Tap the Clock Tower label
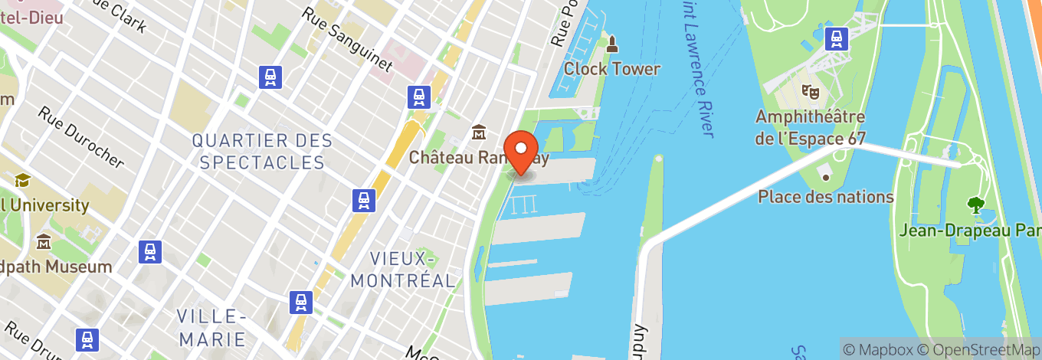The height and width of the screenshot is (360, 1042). pos(612,69)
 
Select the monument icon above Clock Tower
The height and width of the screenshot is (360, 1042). pos(611,44)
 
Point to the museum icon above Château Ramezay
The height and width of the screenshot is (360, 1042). pos(480,133)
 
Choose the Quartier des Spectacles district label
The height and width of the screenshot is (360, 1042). pos(262,152)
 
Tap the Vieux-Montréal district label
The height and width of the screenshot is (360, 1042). pos(403,269)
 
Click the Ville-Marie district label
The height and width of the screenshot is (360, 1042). pos(211,328)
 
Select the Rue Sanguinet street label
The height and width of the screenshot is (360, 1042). pos(347,40)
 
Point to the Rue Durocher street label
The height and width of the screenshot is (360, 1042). pos(81,136)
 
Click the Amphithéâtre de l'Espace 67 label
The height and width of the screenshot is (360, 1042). pos(811,128)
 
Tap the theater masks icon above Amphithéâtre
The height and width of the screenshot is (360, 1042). pos(809,91)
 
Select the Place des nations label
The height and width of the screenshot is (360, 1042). pos(826,197)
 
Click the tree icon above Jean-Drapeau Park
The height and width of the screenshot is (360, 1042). pos(975,205)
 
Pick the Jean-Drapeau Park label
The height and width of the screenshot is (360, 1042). pos(970,230)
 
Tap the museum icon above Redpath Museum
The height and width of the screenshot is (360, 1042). pos(43,242)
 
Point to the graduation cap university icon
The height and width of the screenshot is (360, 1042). pos(22,181)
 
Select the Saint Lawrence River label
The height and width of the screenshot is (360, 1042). pos(700,69)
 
